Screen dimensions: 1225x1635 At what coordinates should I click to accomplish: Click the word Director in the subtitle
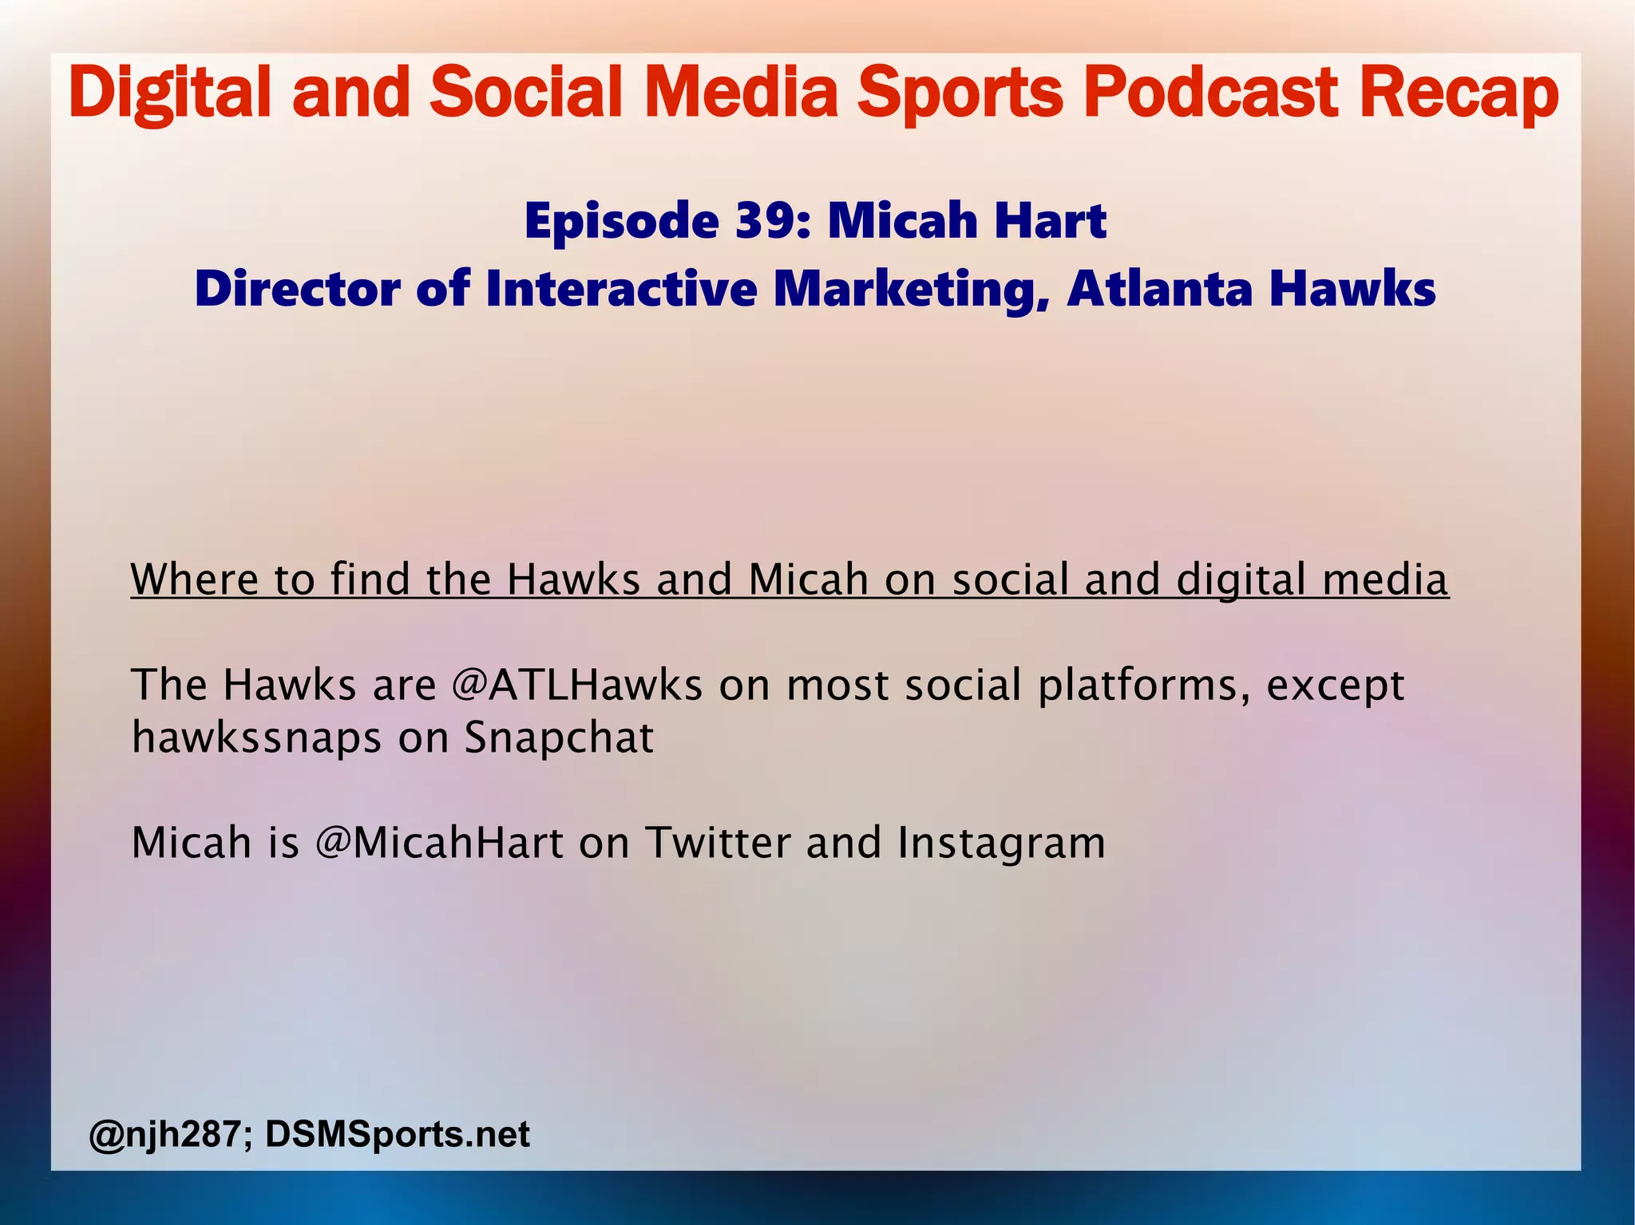coord(298,288)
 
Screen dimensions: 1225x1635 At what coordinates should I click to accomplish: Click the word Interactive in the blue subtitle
coord(621,288)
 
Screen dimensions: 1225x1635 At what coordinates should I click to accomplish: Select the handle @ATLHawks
coord(576,685)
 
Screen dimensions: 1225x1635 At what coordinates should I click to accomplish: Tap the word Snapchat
coord(559,737)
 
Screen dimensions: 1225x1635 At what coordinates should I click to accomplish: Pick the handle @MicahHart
coord(440,843)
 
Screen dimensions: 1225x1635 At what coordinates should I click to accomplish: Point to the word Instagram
coord(1001,843)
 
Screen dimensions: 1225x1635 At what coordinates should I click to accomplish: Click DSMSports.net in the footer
coord(397,1134)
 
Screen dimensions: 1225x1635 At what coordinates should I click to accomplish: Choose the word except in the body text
coord(1335,685)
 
